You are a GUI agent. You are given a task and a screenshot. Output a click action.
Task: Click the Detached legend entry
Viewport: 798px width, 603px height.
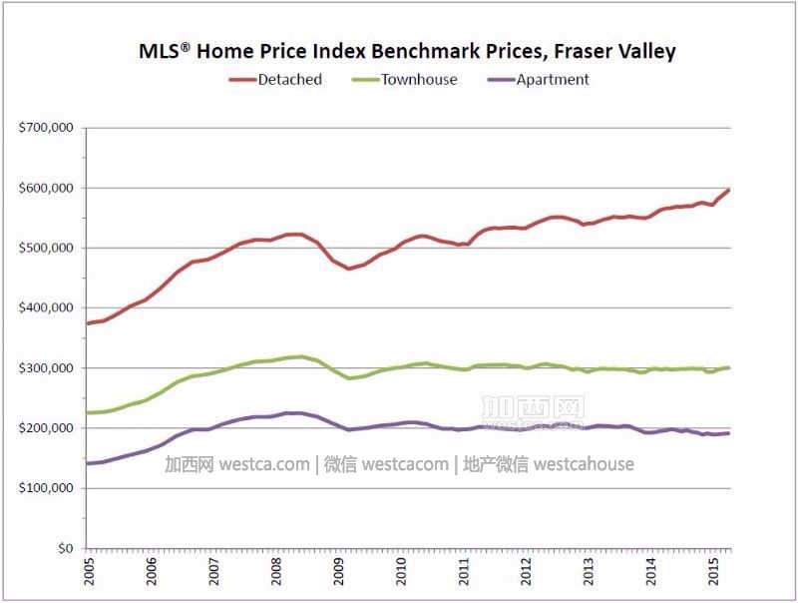point(289,80)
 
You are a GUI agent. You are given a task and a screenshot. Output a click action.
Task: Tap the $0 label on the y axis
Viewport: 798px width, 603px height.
point(66,548)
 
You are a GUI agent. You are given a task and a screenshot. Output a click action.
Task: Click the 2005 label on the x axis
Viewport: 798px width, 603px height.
point(88,575)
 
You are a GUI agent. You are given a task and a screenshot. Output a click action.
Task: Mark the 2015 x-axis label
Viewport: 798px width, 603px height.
point(713,575)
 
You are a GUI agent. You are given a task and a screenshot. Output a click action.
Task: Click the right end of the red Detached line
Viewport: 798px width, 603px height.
point(729,190)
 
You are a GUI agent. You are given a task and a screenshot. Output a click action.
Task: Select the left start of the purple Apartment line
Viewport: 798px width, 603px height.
point(88,463)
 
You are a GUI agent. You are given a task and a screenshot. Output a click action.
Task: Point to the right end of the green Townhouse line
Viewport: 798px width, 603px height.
point(729,367)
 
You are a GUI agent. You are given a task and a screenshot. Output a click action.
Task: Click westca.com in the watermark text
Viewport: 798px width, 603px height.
point(263,464)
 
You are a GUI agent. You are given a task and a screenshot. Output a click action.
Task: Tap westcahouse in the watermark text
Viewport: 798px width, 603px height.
point(584,464)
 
